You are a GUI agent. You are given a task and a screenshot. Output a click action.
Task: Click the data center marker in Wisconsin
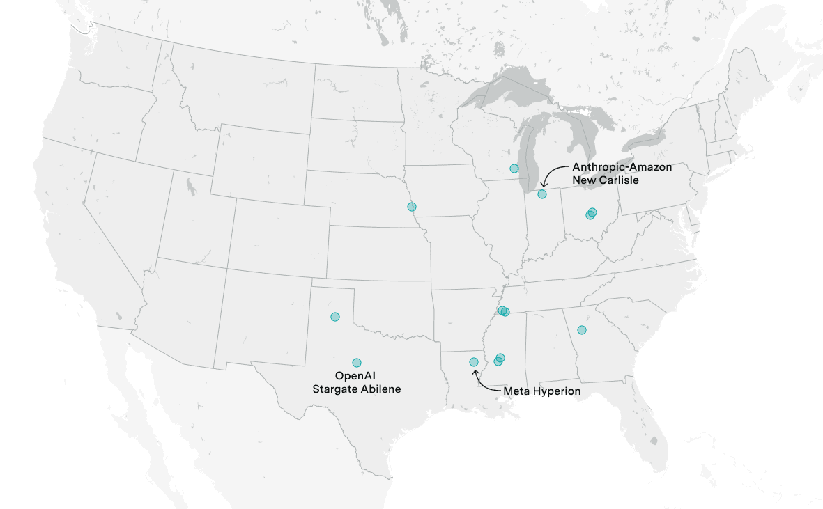(x=514, y=168)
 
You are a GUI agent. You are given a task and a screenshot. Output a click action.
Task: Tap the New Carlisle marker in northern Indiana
(x=542, y=194)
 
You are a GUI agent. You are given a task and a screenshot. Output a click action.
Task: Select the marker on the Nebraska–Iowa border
(x=412, y=206)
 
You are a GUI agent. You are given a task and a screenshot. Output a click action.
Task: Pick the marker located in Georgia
(x=582, y=329)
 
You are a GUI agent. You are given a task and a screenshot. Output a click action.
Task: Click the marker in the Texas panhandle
(x=335, y=316)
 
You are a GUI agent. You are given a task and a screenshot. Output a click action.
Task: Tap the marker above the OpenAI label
(x=357, y=362)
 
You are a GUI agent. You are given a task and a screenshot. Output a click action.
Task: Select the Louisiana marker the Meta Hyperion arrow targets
(x=474, y=362)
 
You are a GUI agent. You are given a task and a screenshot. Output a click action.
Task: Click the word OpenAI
(x=356, y=376)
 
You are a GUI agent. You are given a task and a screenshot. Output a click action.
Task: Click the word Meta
(x=515, y=391)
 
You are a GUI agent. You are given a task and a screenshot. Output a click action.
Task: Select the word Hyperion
(x=555, y=391)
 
